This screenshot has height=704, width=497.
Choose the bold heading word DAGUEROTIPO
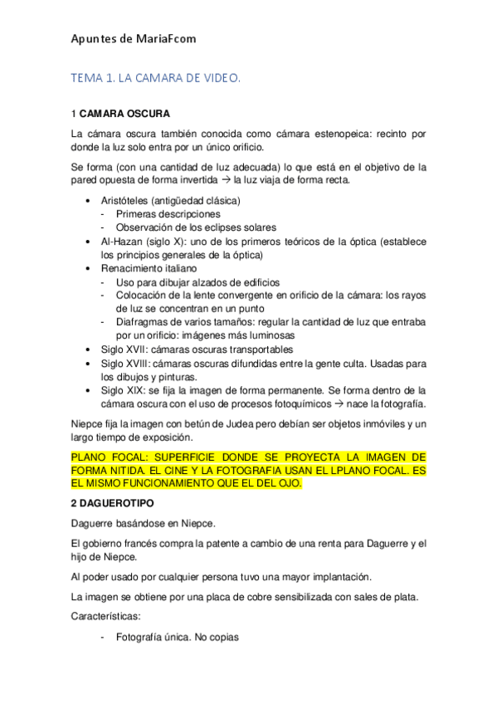point(121,504)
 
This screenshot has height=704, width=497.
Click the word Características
point(106,618)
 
